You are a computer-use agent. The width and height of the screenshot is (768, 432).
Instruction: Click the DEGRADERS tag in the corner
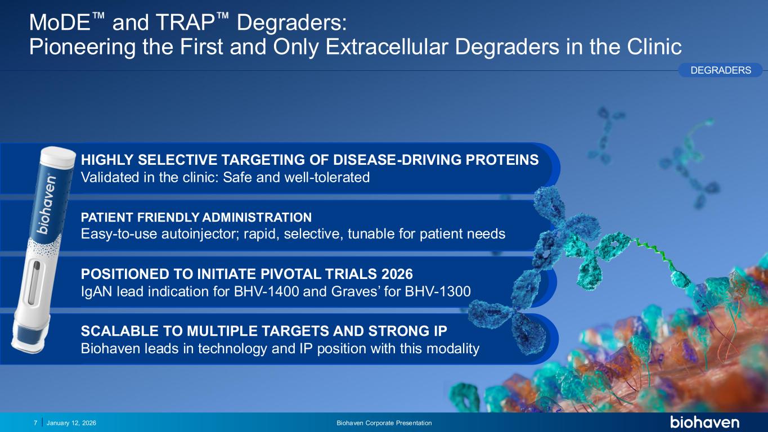[720, 70]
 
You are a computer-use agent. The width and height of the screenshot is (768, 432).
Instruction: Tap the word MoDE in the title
[60, 22]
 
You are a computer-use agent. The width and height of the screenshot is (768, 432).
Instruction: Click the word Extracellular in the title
[387, 47]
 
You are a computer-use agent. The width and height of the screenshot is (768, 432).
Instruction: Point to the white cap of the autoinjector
[57, 157]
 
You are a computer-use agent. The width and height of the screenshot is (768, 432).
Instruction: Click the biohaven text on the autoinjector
[47, 205]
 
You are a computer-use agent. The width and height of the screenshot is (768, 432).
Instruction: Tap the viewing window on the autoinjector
[34, 282]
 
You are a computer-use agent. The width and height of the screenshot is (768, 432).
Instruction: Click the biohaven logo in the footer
[704, 422]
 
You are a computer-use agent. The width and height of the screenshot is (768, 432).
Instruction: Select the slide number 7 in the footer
[35, 423]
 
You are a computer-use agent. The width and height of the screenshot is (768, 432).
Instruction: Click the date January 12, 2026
[71, 423]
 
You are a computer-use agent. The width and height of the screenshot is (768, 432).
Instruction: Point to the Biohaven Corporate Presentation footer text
[384, 423]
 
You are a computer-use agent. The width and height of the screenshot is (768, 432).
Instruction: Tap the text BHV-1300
[438, 291]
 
